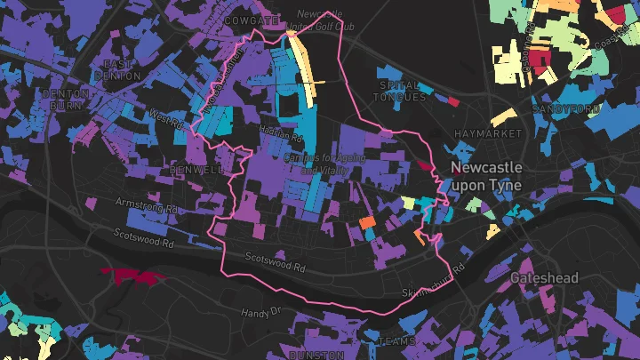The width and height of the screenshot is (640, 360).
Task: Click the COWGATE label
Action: [253, 20]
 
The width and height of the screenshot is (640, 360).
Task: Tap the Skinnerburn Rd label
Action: [434, 281]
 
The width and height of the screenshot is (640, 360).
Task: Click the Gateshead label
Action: [544, 278]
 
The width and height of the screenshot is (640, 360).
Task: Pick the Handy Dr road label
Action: [260, 312]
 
